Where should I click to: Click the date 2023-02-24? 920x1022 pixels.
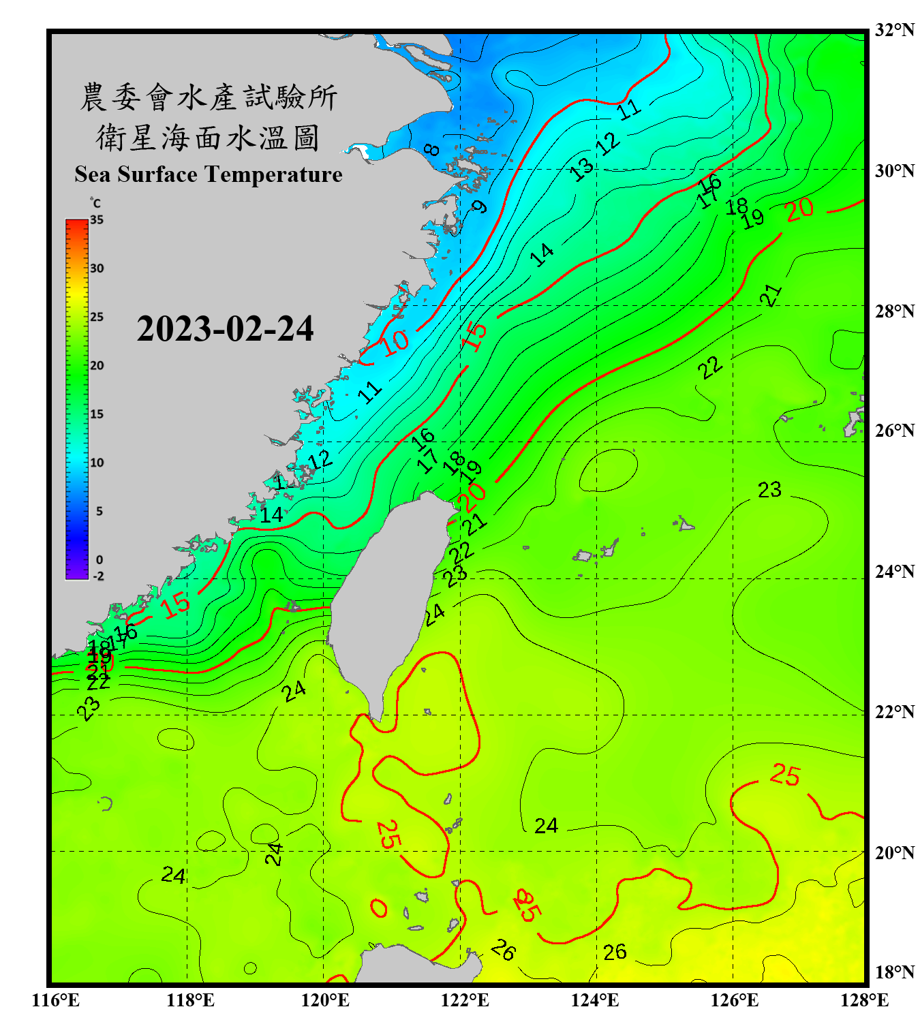point(225,329)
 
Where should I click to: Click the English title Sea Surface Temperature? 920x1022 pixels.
point(209,174)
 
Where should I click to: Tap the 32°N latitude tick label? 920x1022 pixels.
point(894,30)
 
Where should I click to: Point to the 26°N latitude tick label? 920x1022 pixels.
point(894,431)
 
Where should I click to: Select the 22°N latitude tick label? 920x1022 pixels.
point(894,712)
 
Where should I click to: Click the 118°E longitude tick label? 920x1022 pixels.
point(190,1000)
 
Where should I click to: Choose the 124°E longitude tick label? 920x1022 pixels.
point(595,1000)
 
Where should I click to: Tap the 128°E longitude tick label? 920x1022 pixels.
point(864,1000)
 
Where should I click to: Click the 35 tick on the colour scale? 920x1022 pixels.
point(97,220)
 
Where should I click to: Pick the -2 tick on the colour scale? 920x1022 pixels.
point(98,576)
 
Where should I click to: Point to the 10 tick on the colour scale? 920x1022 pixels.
point(97,463)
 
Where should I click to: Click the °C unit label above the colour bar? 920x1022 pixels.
point(95,203)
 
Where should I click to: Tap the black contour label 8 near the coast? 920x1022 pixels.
point(431,149)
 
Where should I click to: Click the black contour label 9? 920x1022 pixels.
point(480,206)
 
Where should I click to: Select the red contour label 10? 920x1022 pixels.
point(395,342)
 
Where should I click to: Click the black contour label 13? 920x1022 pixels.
point(581,169)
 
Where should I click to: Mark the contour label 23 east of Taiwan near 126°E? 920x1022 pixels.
point(769,490)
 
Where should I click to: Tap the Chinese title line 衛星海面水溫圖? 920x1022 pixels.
point(208,138)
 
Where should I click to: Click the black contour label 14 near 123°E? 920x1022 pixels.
point(542,255)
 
